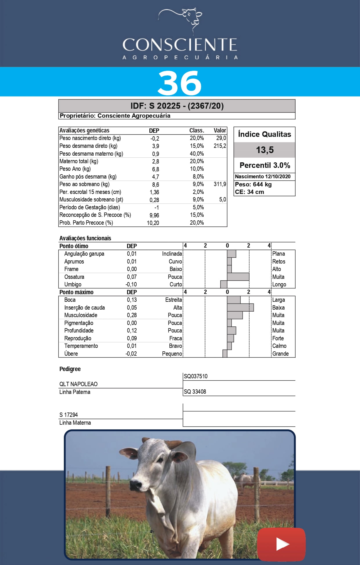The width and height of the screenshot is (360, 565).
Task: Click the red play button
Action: pos(281,544)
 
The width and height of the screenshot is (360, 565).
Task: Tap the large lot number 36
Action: pos(180,83)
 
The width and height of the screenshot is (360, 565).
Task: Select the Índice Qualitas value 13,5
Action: pos(265,150)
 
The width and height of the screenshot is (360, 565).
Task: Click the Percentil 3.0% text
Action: pos(265,165)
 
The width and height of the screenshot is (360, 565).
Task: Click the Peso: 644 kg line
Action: pos(253,184)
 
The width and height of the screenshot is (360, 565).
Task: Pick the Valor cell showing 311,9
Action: pos(220,184)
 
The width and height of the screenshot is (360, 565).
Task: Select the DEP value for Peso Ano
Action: pos(155,169)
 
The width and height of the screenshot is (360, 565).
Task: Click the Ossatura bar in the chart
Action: pos(238,277)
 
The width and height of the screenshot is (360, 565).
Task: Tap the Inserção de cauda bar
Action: pos(240,307)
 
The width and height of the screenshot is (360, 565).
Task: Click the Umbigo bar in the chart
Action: pos(224,284)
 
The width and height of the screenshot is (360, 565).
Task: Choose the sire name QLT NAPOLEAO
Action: pos(78,384)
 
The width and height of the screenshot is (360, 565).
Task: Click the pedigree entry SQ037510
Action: pos(196,376)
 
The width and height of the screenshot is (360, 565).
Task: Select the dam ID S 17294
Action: pos(68,415)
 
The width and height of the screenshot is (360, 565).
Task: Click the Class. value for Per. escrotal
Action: pos(198,192)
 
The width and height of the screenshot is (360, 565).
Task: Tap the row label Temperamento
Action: pos(81,346)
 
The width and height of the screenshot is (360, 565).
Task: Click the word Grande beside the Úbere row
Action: pos(280,354)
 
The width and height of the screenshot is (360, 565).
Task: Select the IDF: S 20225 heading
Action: pos(177,106)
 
